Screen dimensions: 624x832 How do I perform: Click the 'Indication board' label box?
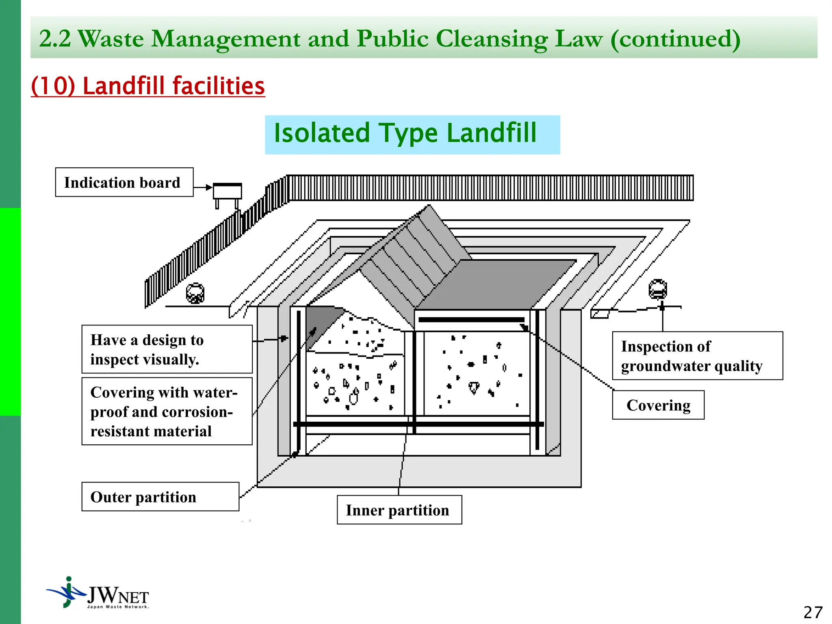click(x=124, y=182)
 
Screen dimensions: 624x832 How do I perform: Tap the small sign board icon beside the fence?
click(x=227, y=191)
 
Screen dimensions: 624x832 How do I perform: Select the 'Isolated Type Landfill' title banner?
click(x=412, y=134)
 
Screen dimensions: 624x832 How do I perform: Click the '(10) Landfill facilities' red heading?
click(x=148, y=86)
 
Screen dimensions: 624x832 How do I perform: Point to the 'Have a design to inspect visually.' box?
click(x=167, y=349)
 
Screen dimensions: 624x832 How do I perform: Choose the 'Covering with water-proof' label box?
click(x=167, y=412)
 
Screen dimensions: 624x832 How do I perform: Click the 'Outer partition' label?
click(x=160, y=497)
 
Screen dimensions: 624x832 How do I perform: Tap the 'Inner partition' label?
click(x=399, y=510)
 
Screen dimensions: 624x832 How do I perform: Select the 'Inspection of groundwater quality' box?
click(x=697, y=356)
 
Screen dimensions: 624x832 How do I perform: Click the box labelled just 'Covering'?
click(x=658, y=405)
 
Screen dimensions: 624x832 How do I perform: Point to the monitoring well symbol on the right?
click(x=658, y=290)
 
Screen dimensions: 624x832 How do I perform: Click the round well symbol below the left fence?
click(x=195, y=293)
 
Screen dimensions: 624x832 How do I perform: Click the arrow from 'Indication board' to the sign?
click(x=203, y=188)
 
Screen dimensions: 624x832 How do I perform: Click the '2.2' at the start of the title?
click(x=54, y=39)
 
